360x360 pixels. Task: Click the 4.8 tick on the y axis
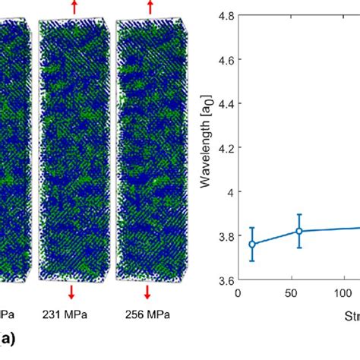pos(225,14)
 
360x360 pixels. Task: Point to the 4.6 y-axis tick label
pos(225,58)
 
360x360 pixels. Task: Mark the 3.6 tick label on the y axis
pos(225,281)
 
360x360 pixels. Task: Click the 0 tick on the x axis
pos(238,292)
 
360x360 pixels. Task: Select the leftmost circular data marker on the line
pos(253,245)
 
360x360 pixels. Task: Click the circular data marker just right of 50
pos(299,231)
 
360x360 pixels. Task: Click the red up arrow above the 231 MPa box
pos(74,7)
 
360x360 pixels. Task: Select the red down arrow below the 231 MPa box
pos(71,292)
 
